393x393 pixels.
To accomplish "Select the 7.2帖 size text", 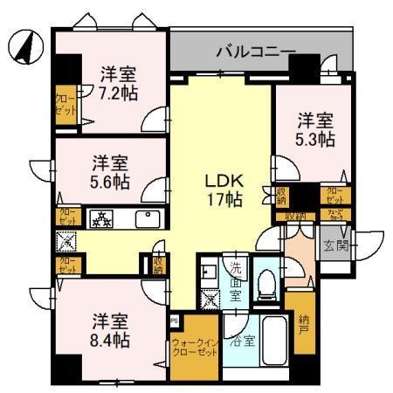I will [111, 91].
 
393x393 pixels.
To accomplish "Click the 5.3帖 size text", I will [314, 138].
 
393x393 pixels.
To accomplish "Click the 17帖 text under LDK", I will [223, 200].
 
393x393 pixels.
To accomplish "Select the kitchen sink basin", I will [147, 218].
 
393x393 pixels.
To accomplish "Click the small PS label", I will [175, 320].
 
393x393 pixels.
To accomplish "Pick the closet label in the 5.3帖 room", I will [335, 194].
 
